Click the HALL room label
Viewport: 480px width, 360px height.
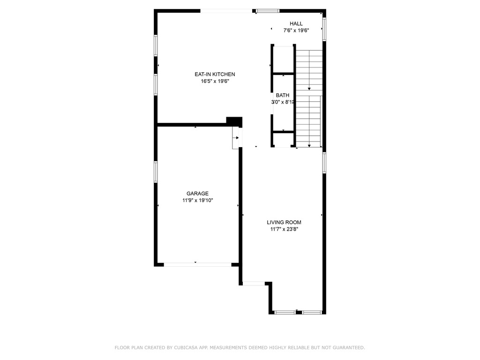point(296,24)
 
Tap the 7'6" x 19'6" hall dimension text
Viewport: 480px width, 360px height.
point(296,31)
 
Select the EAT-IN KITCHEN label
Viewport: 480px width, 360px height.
point(215,75)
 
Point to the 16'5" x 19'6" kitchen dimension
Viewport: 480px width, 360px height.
point(215,81)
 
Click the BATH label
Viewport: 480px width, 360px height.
point(283,96)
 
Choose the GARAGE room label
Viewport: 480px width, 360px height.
point(197,194)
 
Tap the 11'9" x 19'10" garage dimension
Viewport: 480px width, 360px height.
point(198,201)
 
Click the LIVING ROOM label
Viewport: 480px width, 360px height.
point(284,223)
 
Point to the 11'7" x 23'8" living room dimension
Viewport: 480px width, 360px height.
point(284,230)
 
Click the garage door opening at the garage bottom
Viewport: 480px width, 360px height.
point(197,264)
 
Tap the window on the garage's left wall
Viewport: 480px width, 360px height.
point(156,172)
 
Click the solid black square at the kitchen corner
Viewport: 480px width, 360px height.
point(234,121)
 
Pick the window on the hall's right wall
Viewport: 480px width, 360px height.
point(324,29)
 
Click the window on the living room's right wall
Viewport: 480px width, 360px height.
point(324,162)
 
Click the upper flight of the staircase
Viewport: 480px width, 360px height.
point(309,70)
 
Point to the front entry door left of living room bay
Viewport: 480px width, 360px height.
point(254,283)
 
